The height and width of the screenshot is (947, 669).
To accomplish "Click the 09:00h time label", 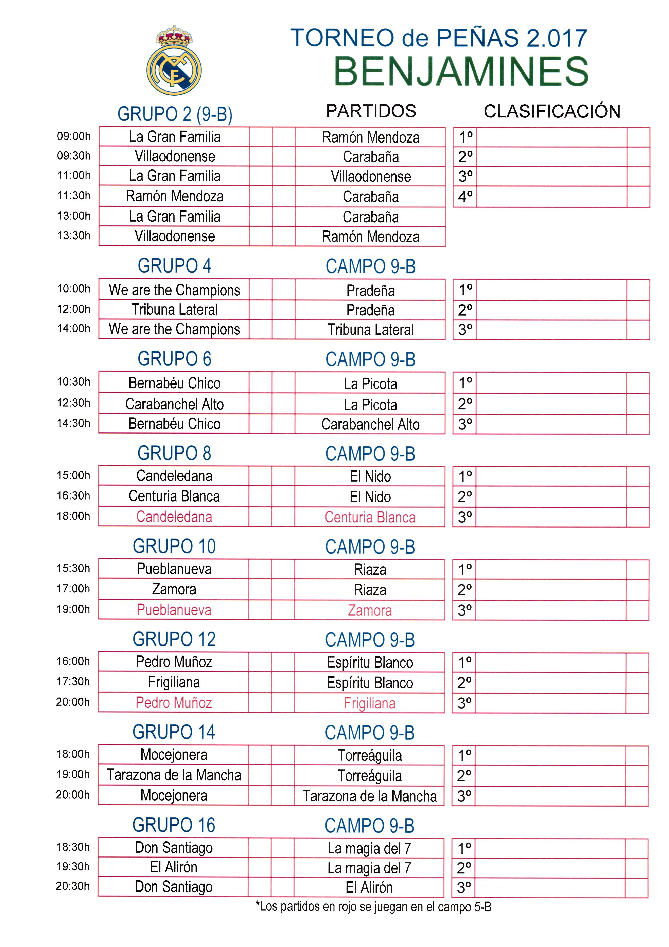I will (74, 136).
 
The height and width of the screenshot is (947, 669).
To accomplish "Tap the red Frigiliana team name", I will (370, 703).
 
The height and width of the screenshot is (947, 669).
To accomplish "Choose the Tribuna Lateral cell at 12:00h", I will (174, 309).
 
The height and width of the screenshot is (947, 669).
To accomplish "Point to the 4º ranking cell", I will (465, 196).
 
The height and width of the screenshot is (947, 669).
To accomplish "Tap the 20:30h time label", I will (73, 886).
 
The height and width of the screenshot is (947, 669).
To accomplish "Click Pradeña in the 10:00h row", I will (370, 290).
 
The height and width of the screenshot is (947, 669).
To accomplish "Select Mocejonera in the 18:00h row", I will (174, 754).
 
